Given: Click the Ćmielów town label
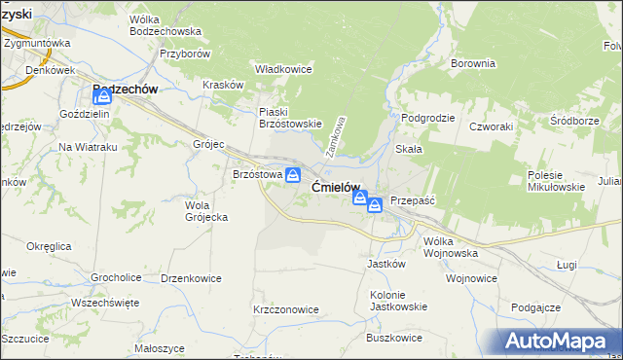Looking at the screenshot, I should click(336, 187).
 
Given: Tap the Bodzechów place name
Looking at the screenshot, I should click(125, 89).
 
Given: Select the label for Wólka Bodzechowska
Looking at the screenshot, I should click(165, 25).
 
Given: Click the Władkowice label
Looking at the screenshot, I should click(282, 69).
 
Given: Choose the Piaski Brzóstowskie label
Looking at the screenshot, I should click(289, 118).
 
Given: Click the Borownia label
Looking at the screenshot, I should click(473, 63).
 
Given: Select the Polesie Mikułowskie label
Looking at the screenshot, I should click(555, 181).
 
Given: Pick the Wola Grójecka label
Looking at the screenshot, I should click(206, 211).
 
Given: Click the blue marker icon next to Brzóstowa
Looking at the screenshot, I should click(292, 174).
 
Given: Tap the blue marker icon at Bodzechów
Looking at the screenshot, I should click(104, 97).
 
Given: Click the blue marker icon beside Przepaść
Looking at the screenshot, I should click(374, 205).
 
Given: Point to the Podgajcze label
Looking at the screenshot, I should click(535, 307).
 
